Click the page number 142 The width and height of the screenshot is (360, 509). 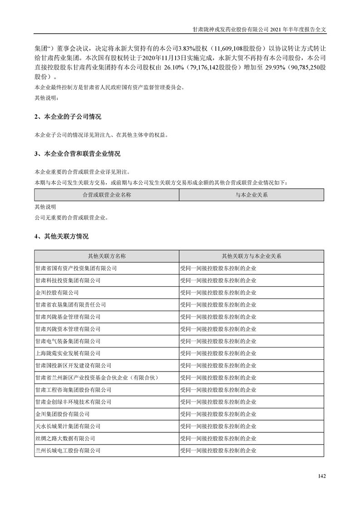322,476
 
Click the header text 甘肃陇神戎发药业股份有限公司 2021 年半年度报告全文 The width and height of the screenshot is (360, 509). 260,28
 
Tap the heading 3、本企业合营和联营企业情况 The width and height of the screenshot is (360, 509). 77,154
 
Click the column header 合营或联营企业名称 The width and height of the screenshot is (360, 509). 107,195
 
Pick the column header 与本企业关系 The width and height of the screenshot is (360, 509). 252,195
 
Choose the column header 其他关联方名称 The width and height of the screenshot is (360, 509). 107,256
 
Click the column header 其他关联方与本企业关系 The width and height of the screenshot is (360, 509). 252,256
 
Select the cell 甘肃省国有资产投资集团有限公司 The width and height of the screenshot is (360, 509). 76,269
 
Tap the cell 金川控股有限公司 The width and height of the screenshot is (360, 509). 57,293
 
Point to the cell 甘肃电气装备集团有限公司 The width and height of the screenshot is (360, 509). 68,341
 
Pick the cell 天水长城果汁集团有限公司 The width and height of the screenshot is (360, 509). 68,426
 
